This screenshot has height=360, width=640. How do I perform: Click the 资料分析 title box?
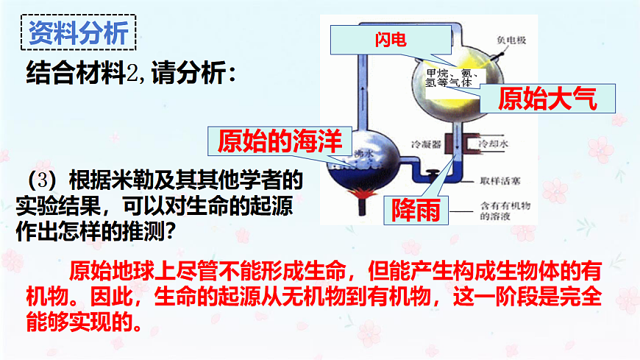coord(78,32)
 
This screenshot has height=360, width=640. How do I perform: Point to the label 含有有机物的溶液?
coord(501,212)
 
